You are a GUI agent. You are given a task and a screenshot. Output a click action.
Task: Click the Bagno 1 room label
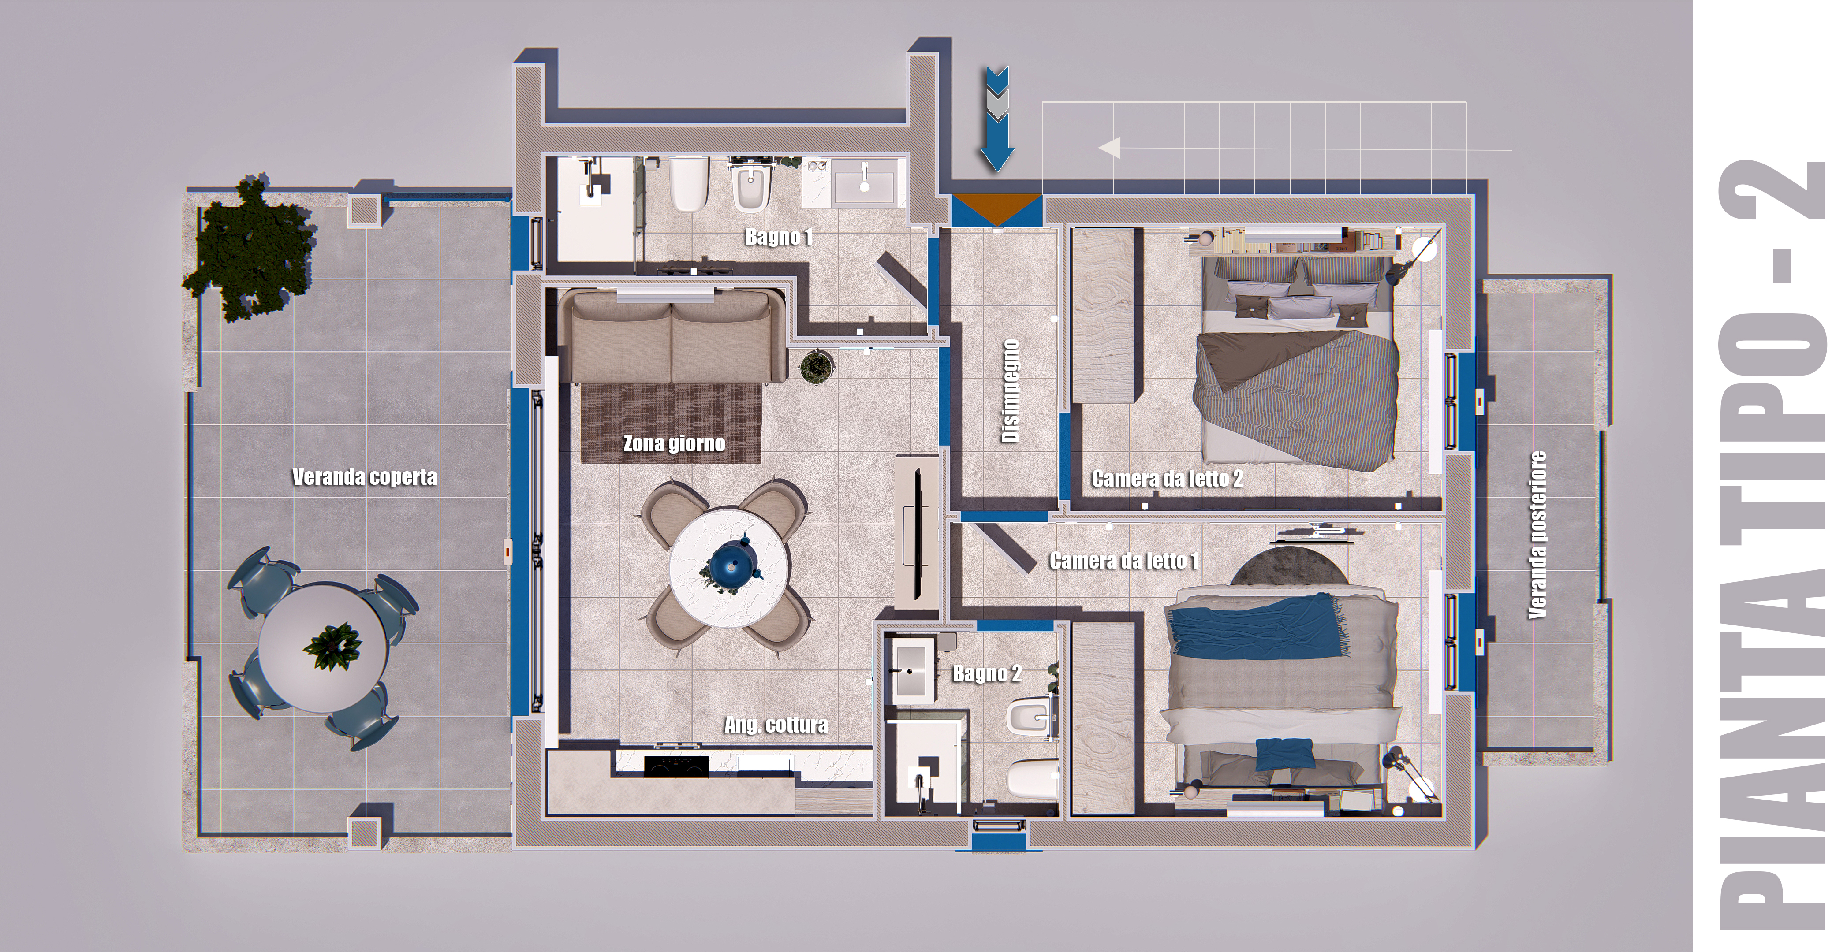tap(779, 237)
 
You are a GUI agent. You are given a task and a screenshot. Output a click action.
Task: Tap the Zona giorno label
tap(674, 444)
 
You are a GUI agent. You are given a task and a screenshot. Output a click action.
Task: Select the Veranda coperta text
tap(364, 477)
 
